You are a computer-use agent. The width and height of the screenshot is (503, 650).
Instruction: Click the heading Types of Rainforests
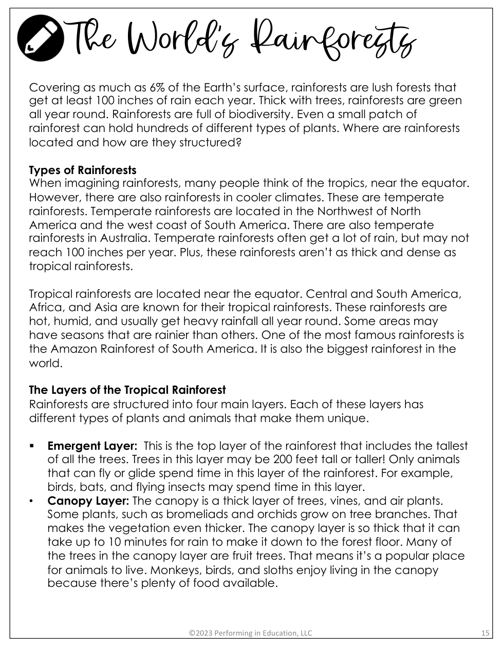pos(83,170)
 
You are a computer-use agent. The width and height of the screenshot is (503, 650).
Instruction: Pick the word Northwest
pos(349,211)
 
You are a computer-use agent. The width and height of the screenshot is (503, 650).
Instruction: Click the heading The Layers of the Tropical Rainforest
pos(127,390)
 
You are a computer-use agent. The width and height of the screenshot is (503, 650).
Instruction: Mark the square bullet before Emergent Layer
pos(32,446)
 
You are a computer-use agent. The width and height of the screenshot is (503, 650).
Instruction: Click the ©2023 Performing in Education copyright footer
pos(250,633)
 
